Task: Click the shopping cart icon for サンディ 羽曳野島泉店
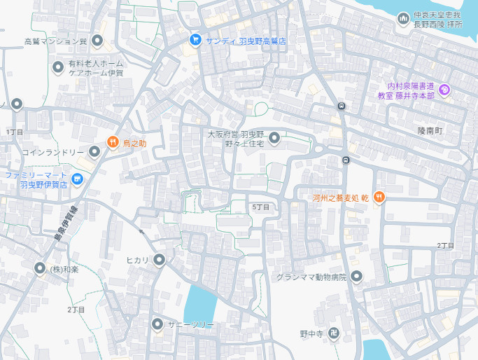point(195,40)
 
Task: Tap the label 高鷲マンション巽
point(55,41)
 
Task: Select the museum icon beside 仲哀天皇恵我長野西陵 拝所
point(403,19)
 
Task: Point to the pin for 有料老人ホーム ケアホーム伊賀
point(59,67)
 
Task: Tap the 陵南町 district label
point(430,131)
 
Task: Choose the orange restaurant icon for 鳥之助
point(112,142)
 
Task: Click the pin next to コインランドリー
point(94,151)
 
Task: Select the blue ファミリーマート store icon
point(77,180)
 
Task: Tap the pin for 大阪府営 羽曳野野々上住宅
point(274,137)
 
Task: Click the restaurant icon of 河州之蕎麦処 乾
point(379,197)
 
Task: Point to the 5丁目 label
point(260,207)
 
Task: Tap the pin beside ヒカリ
point(159,261)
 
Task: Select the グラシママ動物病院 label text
point(311,277)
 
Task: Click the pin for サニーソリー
point(157,324)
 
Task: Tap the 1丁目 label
point(15,132)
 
